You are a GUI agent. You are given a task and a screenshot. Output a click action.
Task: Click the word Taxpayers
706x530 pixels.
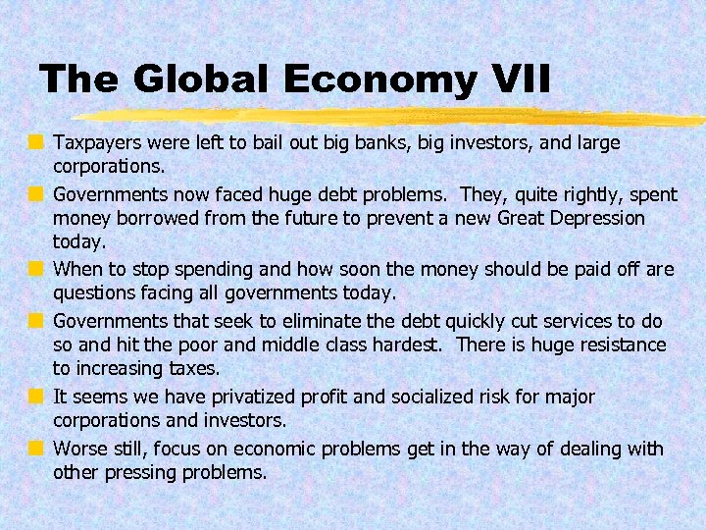(x=100, y=142)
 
